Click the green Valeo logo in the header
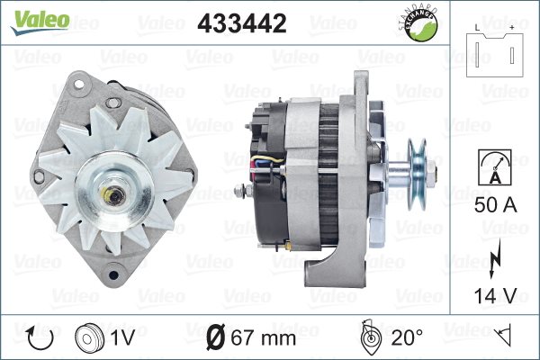[x=40, y=22]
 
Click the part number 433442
[x=242, y=23]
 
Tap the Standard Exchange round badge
[x=418, y=23]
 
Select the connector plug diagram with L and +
[x=495, y=51]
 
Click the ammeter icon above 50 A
[x=494, y=167]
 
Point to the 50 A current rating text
[x=496, y=204]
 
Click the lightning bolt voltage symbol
[x=494, y=258]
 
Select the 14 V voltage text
[x=496, y=295]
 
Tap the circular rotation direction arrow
[x=40, y=337]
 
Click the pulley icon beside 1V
[x=89, y=338]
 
